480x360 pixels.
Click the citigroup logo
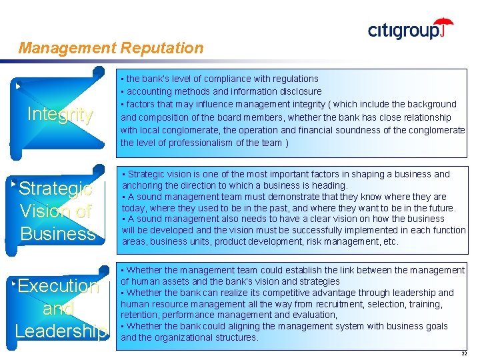click(x=409, y=30)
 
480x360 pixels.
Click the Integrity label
click(x=59, y=115)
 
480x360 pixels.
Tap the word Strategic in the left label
click(x=56, y=189)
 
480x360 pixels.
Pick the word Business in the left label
click(x=59, y=233)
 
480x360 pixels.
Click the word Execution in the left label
click(x=59, y=286)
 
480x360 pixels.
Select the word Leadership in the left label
click(x=60, y=331)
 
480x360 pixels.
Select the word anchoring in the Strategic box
click(x=143, y=185)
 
